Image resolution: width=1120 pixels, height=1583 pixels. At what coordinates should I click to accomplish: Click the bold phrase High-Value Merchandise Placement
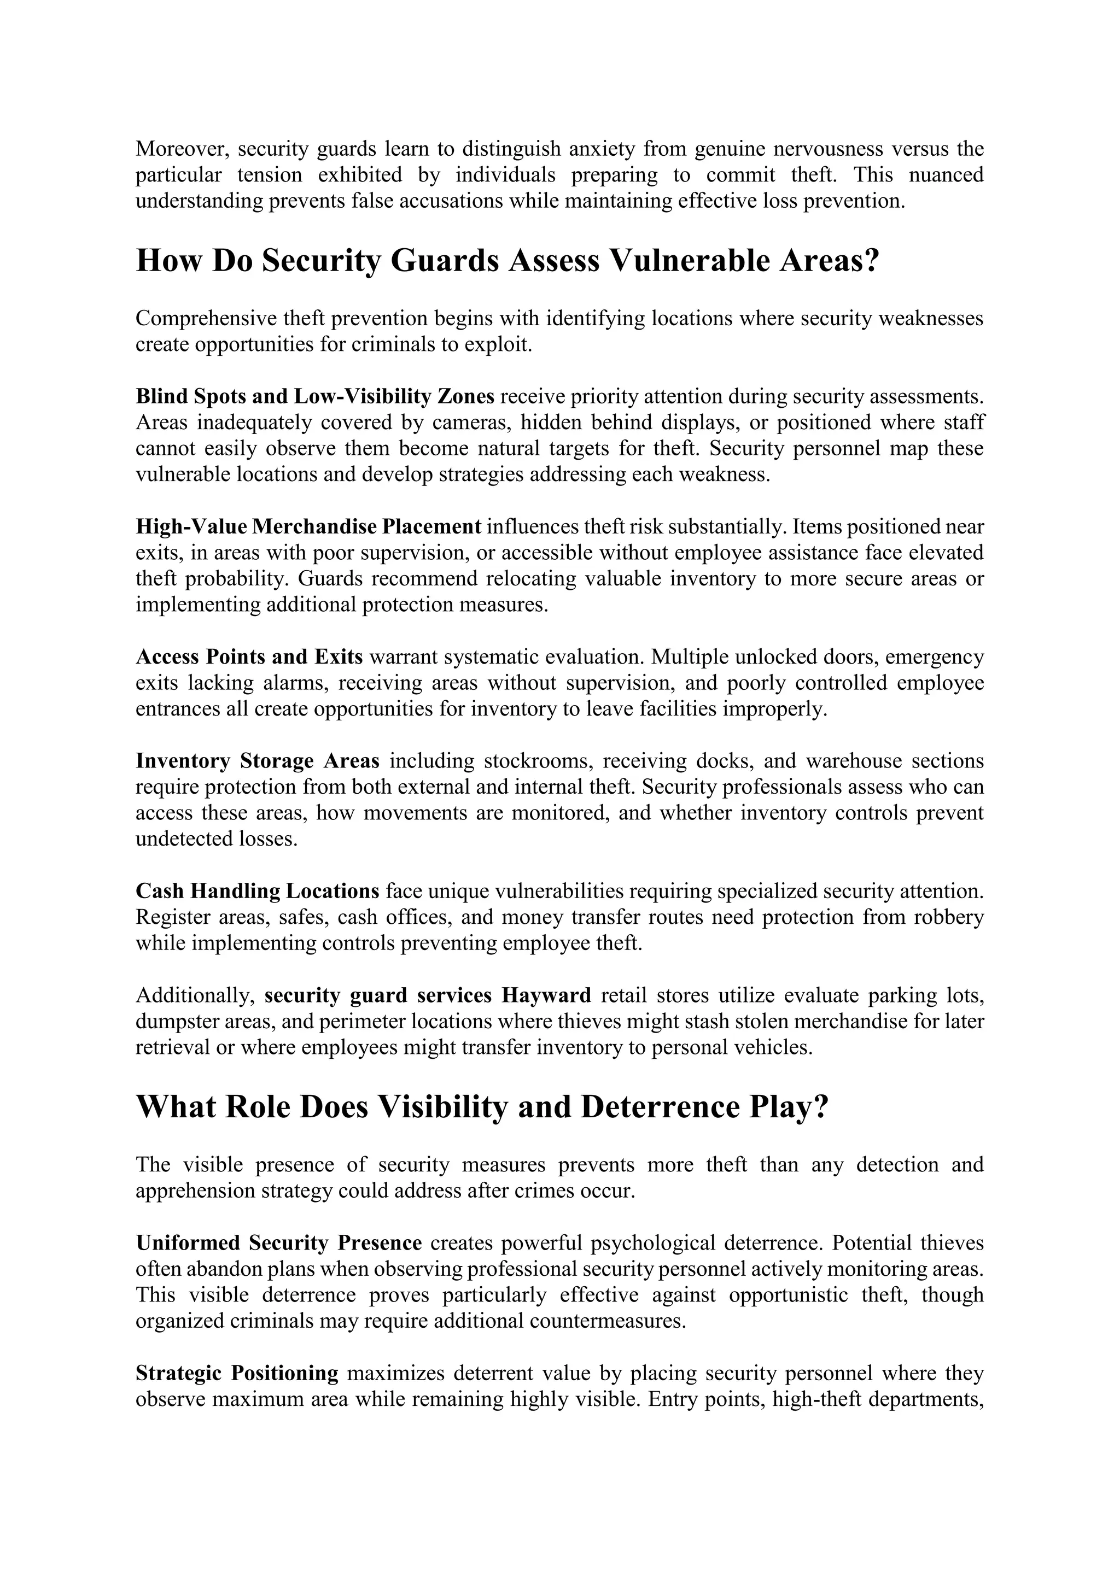pyautogui.click(x=308, y=527)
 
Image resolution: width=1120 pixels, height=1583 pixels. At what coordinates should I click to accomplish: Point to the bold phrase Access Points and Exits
pyautogui.click(x=249, y=657)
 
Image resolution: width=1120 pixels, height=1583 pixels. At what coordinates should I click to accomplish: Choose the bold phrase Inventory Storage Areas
pyautogui.click(x=257, y=761)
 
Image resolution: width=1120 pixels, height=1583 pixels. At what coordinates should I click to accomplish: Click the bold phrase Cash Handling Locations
pyautogui.click(x=257, y=892)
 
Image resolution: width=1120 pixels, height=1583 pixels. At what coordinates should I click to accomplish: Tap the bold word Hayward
pyautogui.click(x=546, y=995)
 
